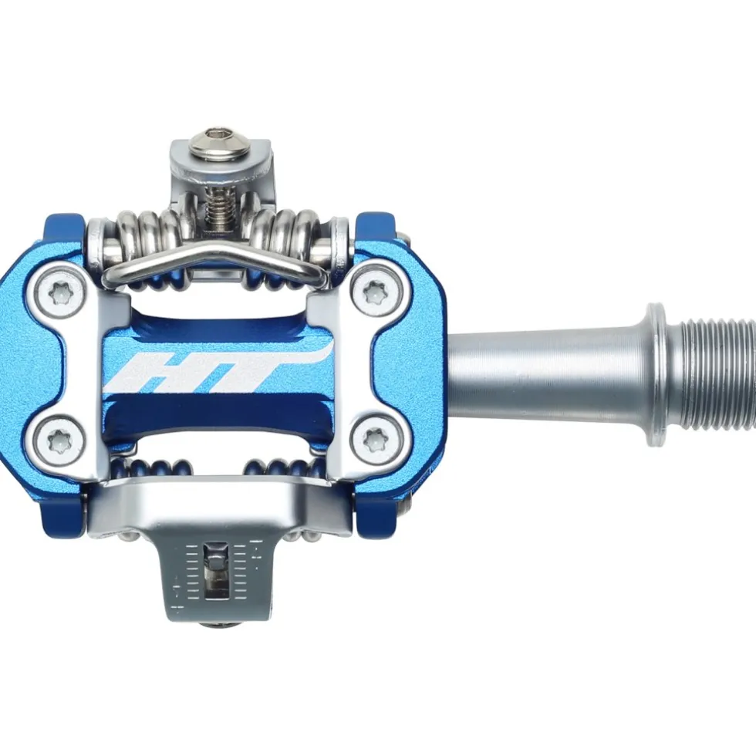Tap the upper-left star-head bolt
(x=60, y=292)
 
